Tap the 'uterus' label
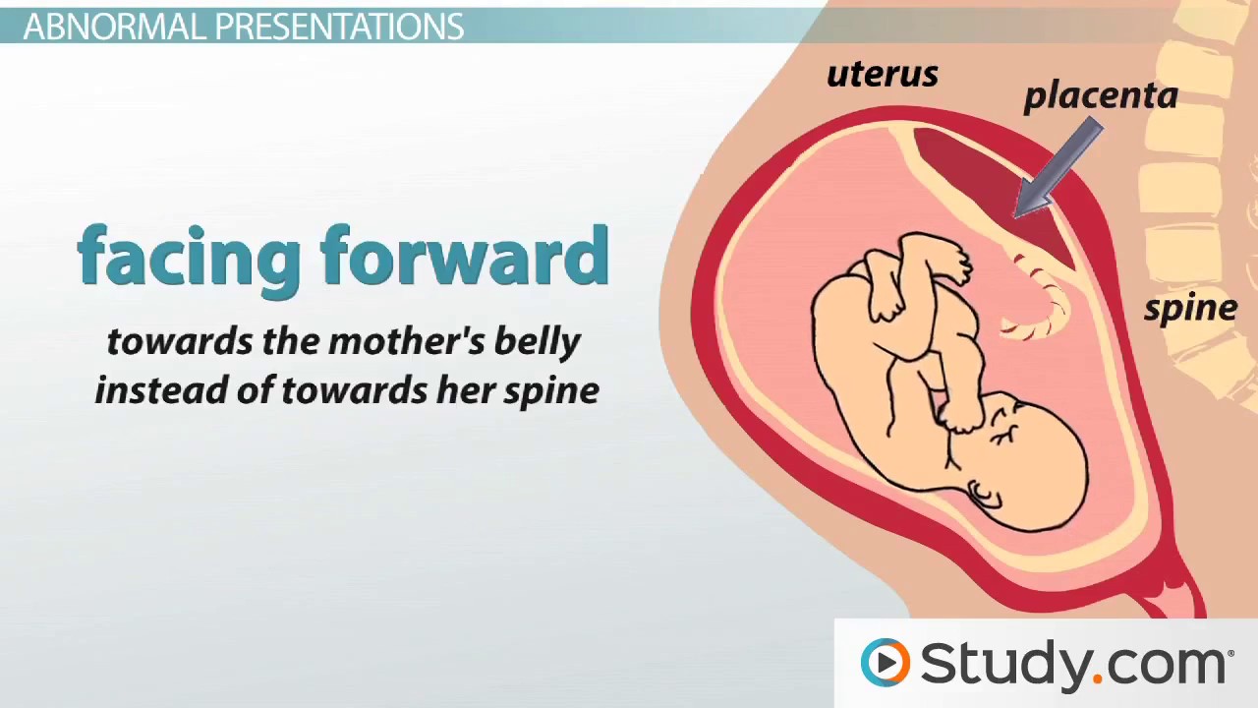tap(882, 75)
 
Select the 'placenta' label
tap(1100, 95)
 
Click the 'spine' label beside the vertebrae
tap(1189, 309)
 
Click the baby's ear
tap(984, 493)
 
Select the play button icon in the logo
tap(886, 662)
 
